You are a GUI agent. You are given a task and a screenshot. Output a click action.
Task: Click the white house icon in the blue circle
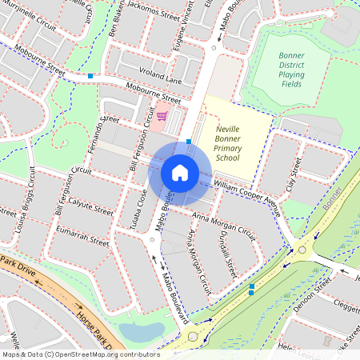tap(180, 172)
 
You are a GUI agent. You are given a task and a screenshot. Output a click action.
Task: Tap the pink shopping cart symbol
tap(162, 116)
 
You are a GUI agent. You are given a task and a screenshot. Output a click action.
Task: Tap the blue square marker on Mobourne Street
tap(91, 76)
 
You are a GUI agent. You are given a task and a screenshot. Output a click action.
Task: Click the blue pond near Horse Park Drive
tap(141, 330)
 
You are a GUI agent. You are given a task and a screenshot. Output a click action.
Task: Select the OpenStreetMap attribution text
tap(80, 354)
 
